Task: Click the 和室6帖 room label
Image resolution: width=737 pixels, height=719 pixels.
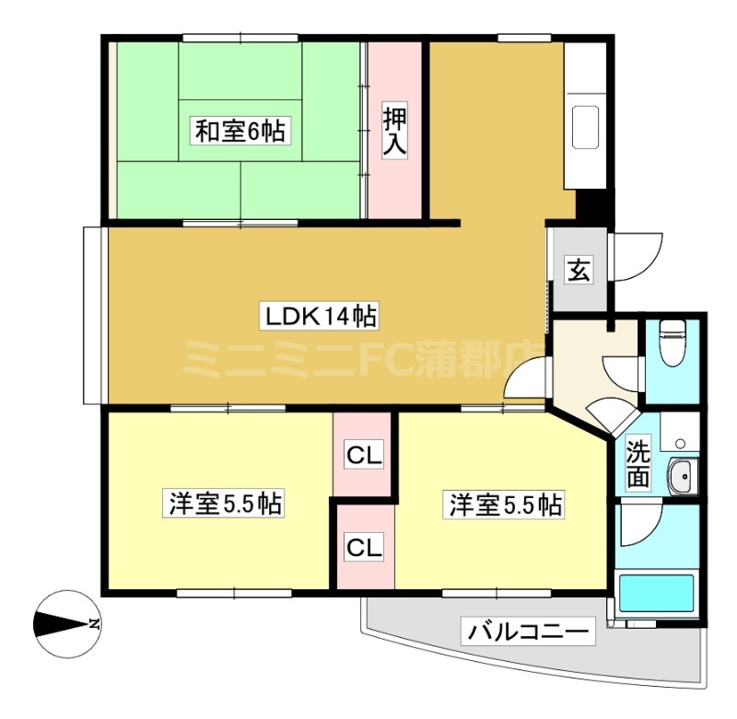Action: click(x=240, y=131)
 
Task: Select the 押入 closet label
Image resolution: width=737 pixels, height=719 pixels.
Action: click(x=394, y=131)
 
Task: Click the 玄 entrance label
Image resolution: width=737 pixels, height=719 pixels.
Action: click(x=579, y=270)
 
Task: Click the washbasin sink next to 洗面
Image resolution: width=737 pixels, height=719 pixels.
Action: click(x=684, y=476)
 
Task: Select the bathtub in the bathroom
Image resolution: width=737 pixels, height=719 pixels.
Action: click(x=657, y=594)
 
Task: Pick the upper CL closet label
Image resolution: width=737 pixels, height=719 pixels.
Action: click(x=364, y=455)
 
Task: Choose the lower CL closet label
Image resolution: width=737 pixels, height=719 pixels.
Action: click(x=364, y=547)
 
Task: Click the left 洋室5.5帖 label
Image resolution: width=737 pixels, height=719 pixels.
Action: click(x=223, y=504)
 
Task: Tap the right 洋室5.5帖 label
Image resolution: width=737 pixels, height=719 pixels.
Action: click(x=503, y=504)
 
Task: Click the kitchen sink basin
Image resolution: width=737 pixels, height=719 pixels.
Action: click(x=585, y=127)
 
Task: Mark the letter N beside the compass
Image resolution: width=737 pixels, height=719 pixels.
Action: click(x=95, y=624)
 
